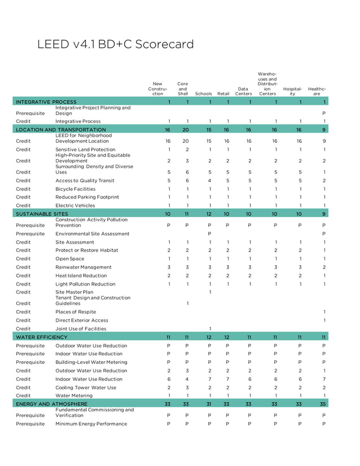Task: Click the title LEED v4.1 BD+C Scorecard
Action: tap(115, 45)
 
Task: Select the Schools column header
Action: tap(203, 94)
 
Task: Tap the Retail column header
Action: tap(223, 94)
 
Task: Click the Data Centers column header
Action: tap(243, 91)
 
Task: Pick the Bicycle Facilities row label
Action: tap(75, 189)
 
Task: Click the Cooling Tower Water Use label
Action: tap(86, 388)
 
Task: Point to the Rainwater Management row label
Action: tap(84, 267)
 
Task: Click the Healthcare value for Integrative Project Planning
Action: tap(324, 113)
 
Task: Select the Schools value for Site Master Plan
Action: tap(210, 292)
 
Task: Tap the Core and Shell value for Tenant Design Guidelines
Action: tap(187, 304)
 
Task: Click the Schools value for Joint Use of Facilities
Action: tap(210, 329)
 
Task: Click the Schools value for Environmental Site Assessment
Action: tap(209, 234)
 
